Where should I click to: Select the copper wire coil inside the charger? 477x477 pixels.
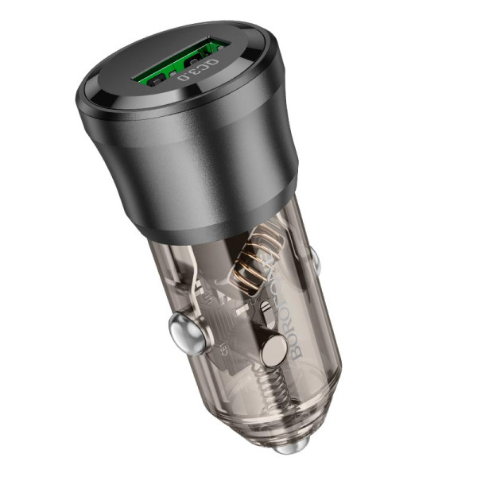click(x=253, y=266)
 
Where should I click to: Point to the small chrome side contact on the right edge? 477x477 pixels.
click(x=312, y=258)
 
